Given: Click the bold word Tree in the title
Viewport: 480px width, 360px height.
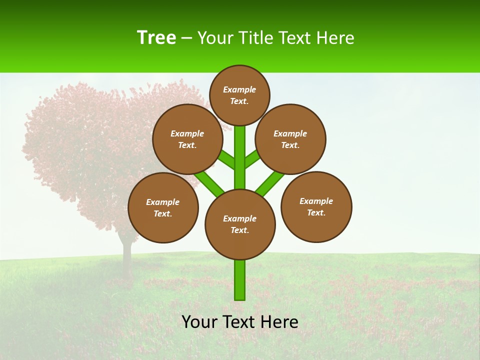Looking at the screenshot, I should (x=156, y=38).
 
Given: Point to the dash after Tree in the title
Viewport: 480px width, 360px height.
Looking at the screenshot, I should (x=187, y=38).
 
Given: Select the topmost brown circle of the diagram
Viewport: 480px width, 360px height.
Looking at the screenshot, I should (x=239, y=95).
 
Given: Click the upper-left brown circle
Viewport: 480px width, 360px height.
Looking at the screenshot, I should (x=187, y=139).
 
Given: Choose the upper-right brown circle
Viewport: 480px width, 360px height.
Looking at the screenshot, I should (x=290, y=139).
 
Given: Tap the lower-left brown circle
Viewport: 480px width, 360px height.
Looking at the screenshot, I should (x=163, y=207).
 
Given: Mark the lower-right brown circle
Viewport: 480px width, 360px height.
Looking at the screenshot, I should (x=316, y=206).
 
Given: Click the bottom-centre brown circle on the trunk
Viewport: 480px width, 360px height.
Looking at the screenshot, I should (x=240, y=224).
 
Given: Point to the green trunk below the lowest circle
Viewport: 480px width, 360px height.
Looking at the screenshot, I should (x=240, y=280).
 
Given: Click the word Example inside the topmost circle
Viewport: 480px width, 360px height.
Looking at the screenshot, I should (x=239, y=89).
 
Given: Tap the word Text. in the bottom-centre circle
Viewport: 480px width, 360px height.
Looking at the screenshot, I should (x=239, y=230).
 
